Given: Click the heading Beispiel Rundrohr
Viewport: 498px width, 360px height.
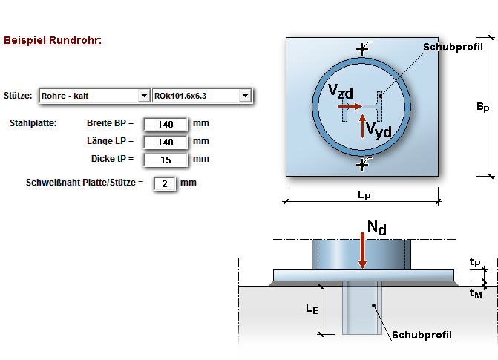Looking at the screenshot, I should point(53,40).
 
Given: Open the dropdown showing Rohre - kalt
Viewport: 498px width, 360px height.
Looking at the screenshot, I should point(143,96).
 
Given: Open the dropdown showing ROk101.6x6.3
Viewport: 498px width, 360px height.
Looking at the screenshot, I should point(244,96).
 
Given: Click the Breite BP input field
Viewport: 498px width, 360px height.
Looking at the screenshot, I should point(166,124).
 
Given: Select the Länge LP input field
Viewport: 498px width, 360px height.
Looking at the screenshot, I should point(166,142).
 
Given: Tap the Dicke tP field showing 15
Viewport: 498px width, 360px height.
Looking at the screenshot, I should point(166,160).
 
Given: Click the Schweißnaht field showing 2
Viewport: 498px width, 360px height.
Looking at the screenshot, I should point(164,183).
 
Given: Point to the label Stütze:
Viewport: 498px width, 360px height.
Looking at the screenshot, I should point(18,96).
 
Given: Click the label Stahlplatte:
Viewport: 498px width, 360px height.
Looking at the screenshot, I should point(33,122).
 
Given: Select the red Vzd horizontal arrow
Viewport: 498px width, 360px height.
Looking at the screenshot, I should point(350,106).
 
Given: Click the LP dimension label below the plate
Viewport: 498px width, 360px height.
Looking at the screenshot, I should point(363,195).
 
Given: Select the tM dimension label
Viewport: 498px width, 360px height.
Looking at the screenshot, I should point(476,294).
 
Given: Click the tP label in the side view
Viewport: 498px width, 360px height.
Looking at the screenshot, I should point(475,261).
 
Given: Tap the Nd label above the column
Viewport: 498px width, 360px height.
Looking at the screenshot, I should point(376,228).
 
